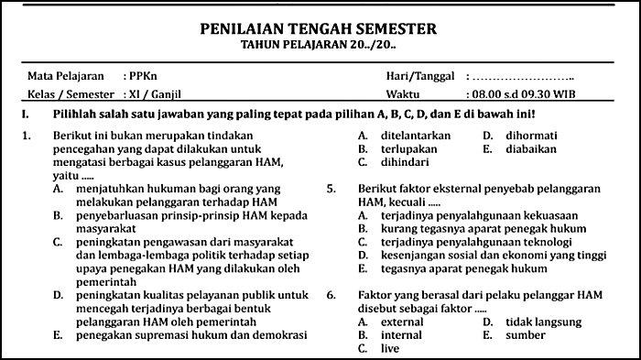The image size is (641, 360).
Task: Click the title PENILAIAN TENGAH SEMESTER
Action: (x=320, y=29)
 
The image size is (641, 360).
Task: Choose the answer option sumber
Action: (x=523, y=335)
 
